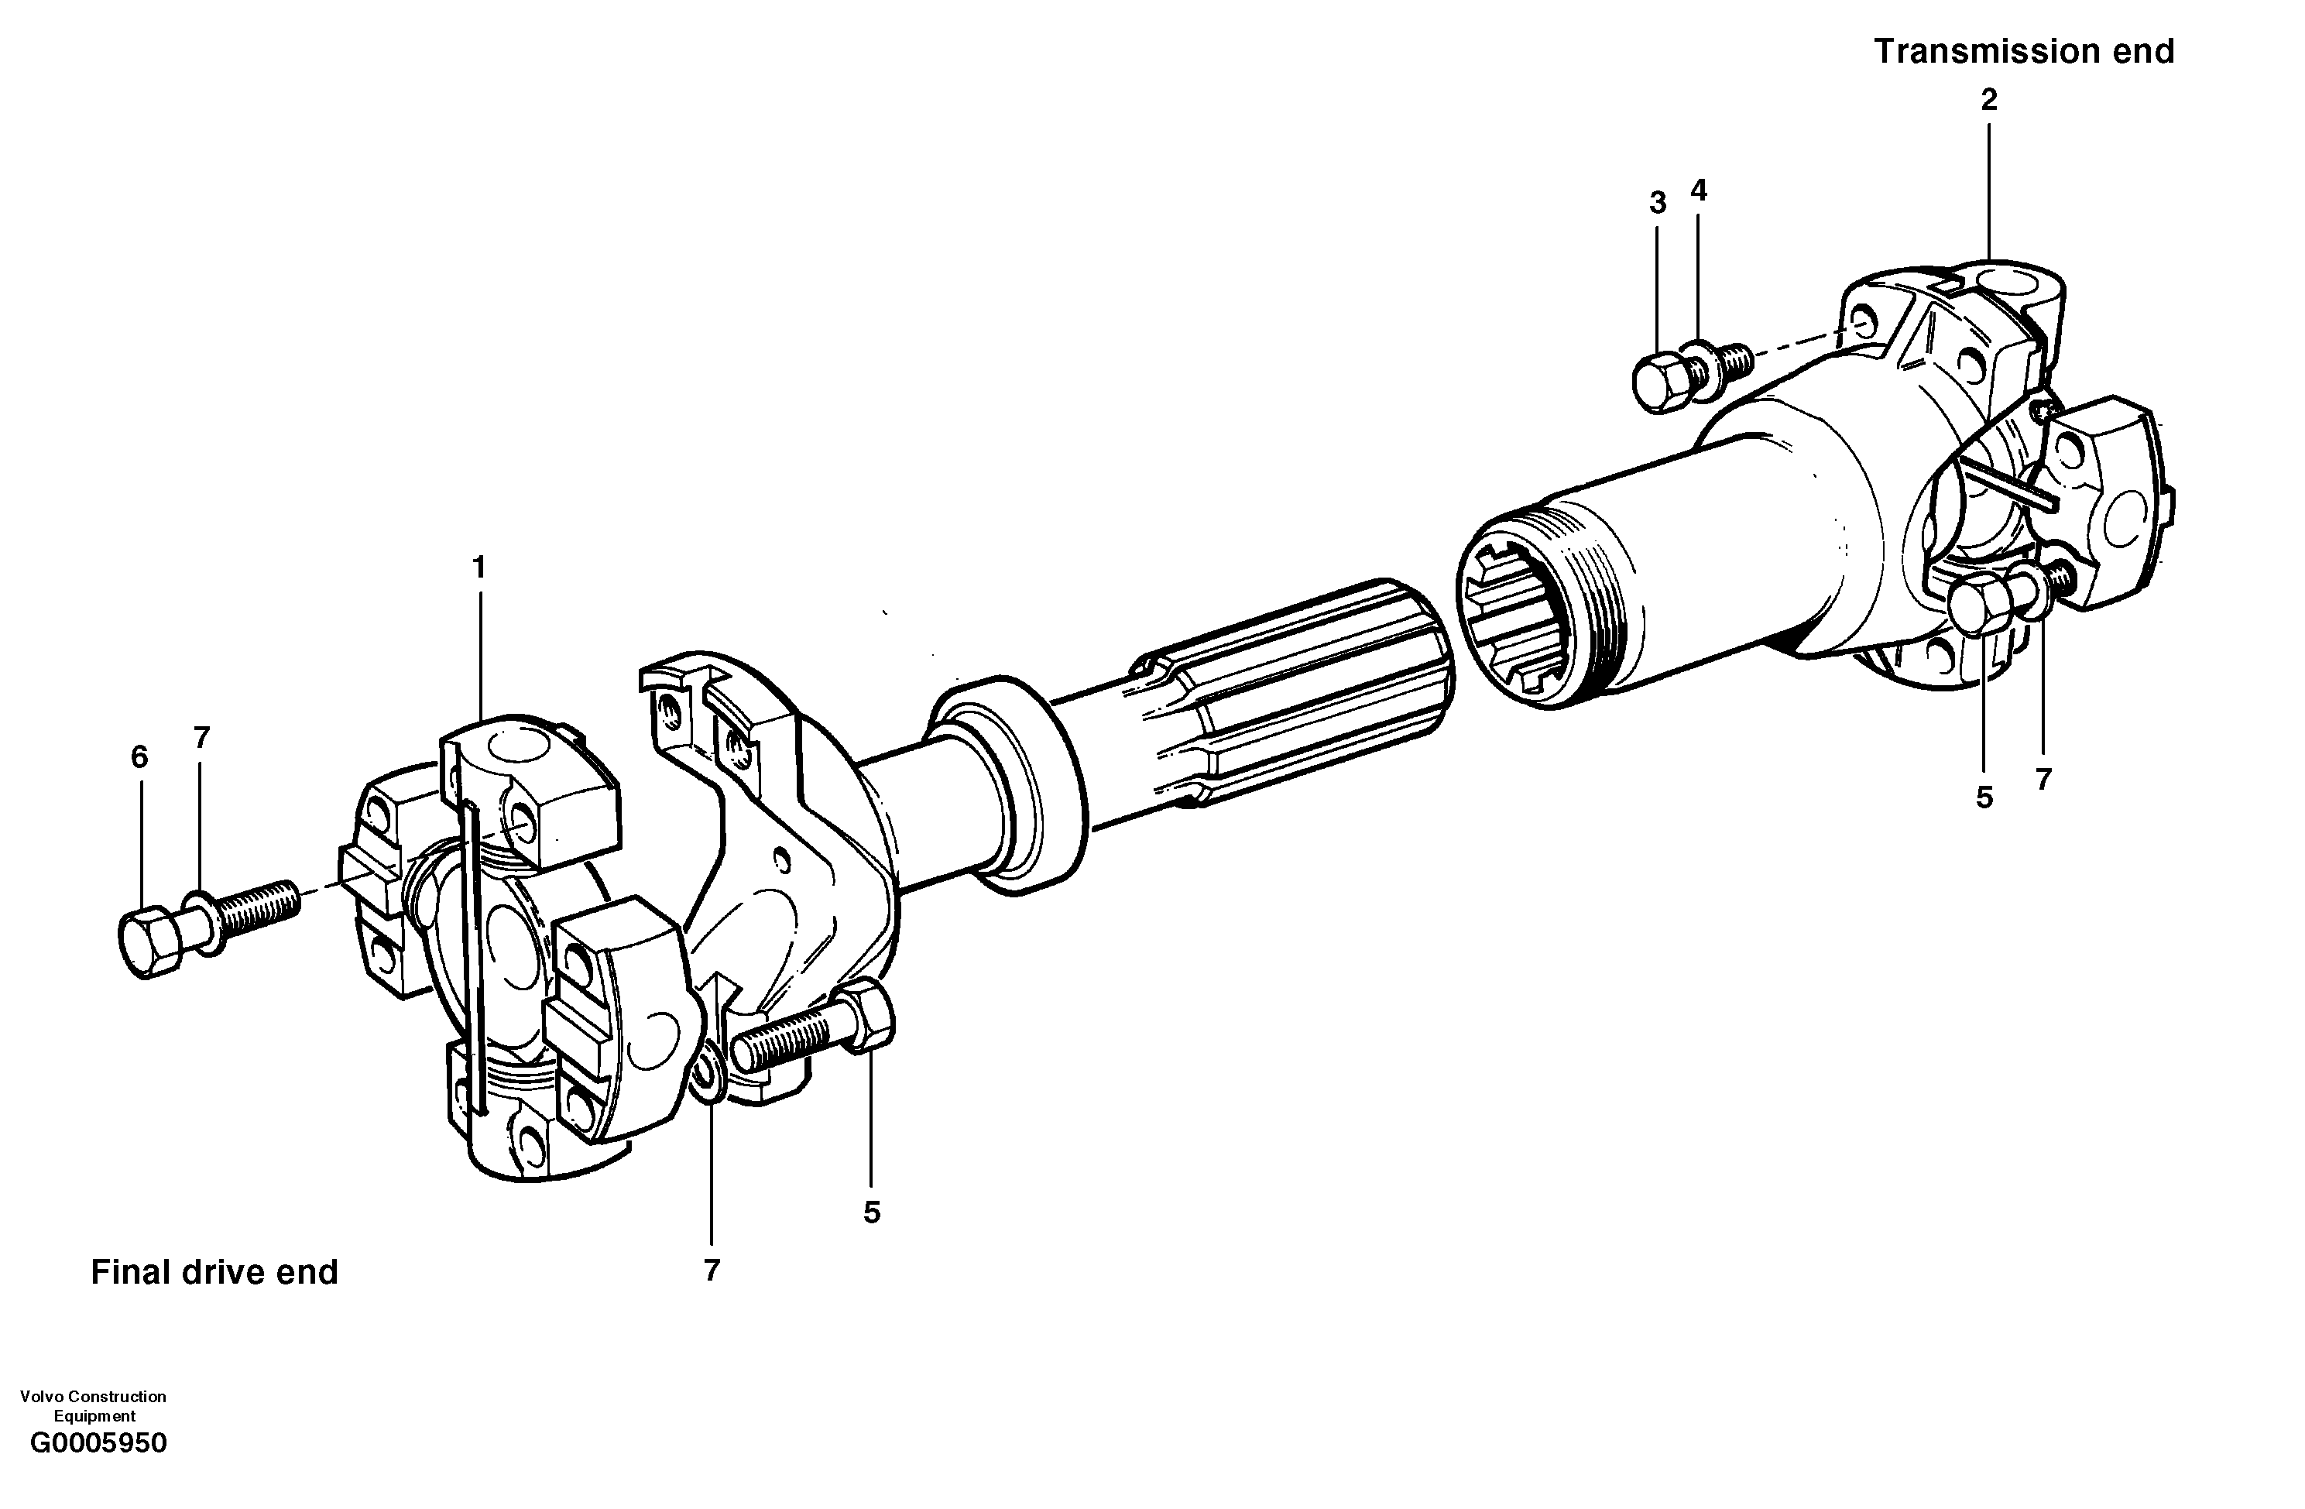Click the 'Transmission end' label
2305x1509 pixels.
[x=2024, y=51]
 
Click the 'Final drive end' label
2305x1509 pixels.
[x=214, y=1272]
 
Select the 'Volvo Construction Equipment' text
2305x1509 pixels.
[x=93, y=1405]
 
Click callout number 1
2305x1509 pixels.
[x=478, y=568]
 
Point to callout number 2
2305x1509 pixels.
[x=1988, y=100]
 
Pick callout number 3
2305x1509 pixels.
[x=1657, y=204]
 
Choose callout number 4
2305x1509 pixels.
[x=1698, y=190]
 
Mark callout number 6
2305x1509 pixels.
[x=139, y=757]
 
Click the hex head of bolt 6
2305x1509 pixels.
[x=150, y=941]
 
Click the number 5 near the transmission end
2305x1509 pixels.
[x=1984, y=797]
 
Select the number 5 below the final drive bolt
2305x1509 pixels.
[x=872, y=1212]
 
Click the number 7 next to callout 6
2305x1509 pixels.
[x=201, y=738]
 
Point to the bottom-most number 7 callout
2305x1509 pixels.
[x=712, y=1271]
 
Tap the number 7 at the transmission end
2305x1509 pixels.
[x=2043, y=780]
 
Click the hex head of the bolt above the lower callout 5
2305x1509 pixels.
[x=868, y=1015]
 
